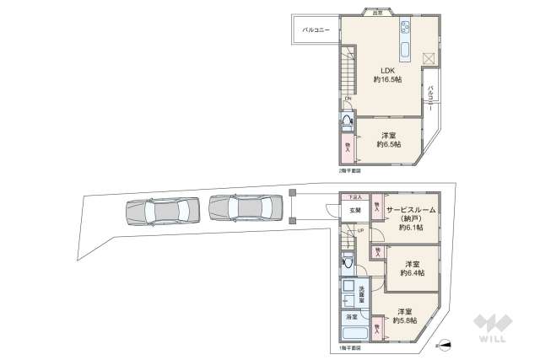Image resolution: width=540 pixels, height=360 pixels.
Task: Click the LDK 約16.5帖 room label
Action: click(x=387, y=75)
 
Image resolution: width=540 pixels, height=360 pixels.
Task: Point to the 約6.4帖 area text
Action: click(x=413, y=272)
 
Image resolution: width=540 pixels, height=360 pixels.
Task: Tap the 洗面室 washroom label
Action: click(x=362, y=294)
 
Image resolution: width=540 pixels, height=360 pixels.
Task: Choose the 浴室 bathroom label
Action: click(x=350, y=318)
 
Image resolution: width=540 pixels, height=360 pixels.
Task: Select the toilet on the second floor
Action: click(x=348, y=121)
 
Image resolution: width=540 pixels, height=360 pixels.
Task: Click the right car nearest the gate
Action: click(x=244, y=207)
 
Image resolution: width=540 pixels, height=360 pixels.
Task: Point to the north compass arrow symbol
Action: click(x=444, y=343)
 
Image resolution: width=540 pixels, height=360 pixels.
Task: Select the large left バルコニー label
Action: click(x=316, y=30)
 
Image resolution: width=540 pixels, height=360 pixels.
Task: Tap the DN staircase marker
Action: click(x=347, y=99)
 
